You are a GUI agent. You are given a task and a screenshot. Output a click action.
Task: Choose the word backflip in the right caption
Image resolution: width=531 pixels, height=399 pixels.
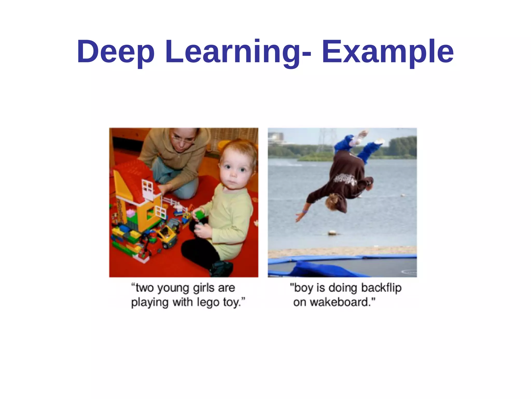[x=381, y=288]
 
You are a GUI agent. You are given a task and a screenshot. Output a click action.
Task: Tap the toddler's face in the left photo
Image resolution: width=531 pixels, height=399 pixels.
[x=233, y=171]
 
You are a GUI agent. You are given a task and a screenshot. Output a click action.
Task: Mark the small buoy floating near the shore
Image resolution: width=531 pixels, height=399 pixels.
[x=331, y=233]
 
